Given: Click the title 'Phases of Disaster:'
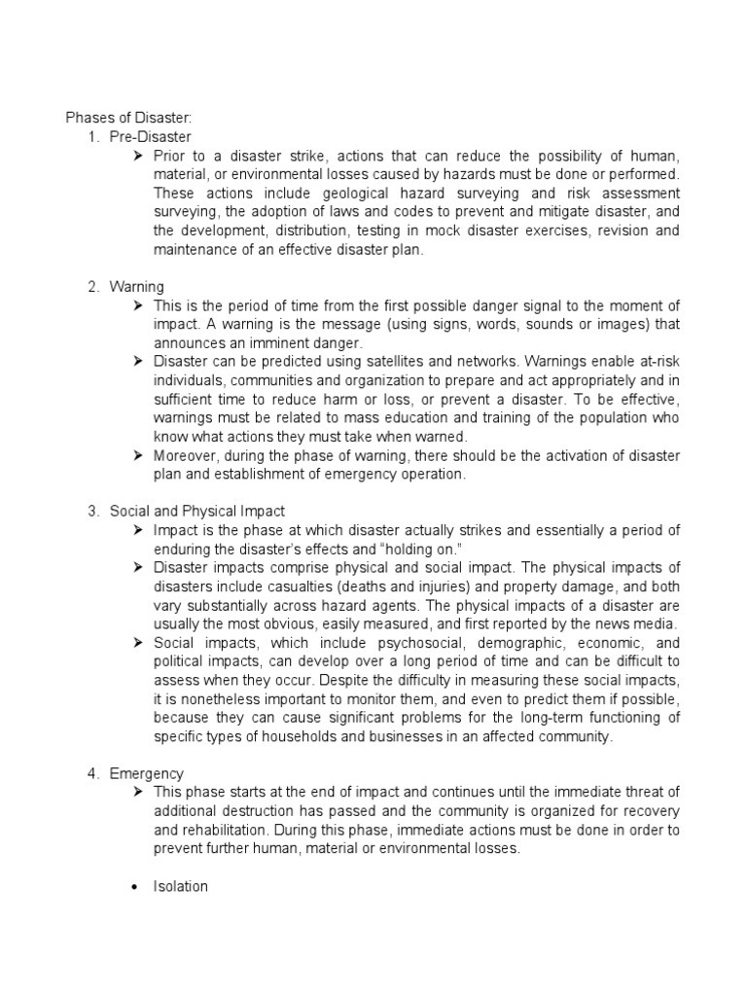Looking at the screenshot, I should click(129, 118).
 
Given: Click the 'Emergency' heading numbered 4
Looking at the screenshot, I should click(147, 773).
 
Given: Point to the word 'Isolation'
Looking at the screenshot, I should click(181, 887).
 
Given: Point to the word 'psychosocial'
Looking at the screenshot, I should click(376, 643).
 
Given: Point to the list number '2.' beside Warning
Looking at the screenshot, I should click(94, 287).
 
